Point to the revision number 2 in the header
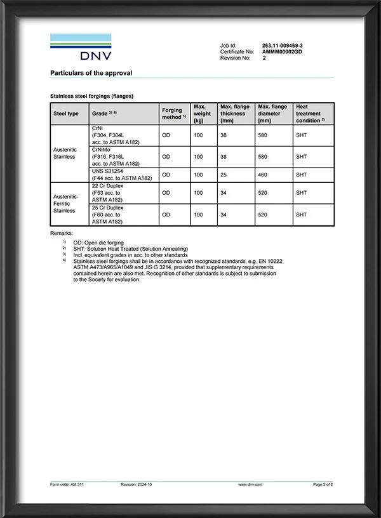(x=264, y=57)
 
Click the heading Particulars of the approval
(x=91, y=73)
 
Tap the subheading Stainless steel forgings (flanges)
(x=91, y=96)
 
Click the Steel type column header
(x=65, y=114)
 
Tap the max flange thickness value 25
(x=224, y=175)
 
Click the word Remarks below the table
(x=62, y=234)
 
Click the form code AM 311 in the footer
(x=67, y=484)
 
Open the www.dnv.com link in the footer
(x=251, y=484)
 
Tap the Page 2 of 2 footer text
(x=323, y=484)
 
